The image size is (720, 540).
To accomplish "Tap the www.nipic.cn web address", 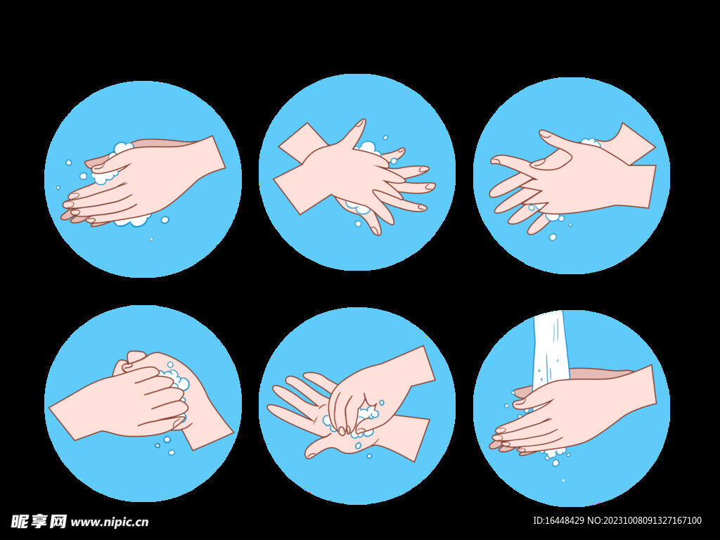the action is click(x=109, y=522).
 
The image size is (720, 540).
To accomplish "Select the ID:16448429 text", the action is click(x=558, y=520).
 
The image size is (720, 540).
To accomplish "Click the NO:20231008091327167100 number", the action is click(x=645, y=520).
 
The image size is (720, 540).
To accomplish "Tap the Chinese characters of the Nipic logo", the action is click(x=39, y=521).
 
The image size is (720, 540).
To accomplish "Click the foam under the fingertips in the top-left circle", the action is click(x=134, y=221).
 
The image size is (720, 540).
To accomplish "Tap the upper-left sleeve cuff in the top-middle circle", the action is click(x=301, y=143).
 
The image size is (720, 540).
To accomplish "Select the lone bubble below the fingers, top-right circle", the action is click(x=553, y=237).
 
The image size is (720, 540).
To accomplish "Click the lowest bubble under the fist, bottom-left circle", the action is click(x=172, y=453).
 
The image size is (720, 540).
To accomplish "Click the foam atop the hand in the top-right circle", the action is click(x=591, y=143).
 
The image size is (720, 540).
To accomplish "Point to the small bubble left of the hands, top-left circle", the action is click(x=69, y=162).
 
